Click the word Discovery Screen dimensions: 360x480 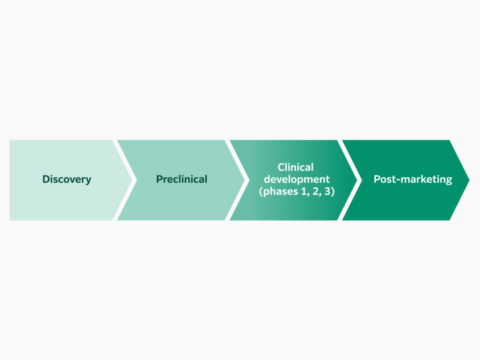67,179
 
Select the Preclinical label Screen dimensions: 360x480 181,179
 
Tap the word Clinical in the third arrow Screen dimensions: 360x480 295,167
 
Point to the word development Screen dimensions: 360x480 297,179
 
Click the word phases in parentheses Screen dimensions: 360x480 280,192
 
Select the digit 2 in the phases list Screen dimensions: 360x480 316,191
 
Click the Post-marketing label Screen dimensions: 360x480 413,179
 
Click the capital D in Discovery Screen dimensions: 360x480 46,179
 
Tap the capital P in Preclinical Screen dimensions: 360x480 159,179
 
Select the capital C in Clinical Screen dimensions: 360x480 281,167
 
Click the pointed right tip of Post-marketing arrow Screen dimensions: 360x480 468,180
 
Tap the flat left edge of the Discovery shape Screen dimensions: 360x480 10,180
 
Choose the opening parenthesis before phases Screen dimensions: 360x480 261,192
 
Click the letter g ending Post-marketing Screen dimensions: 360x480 448,180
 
